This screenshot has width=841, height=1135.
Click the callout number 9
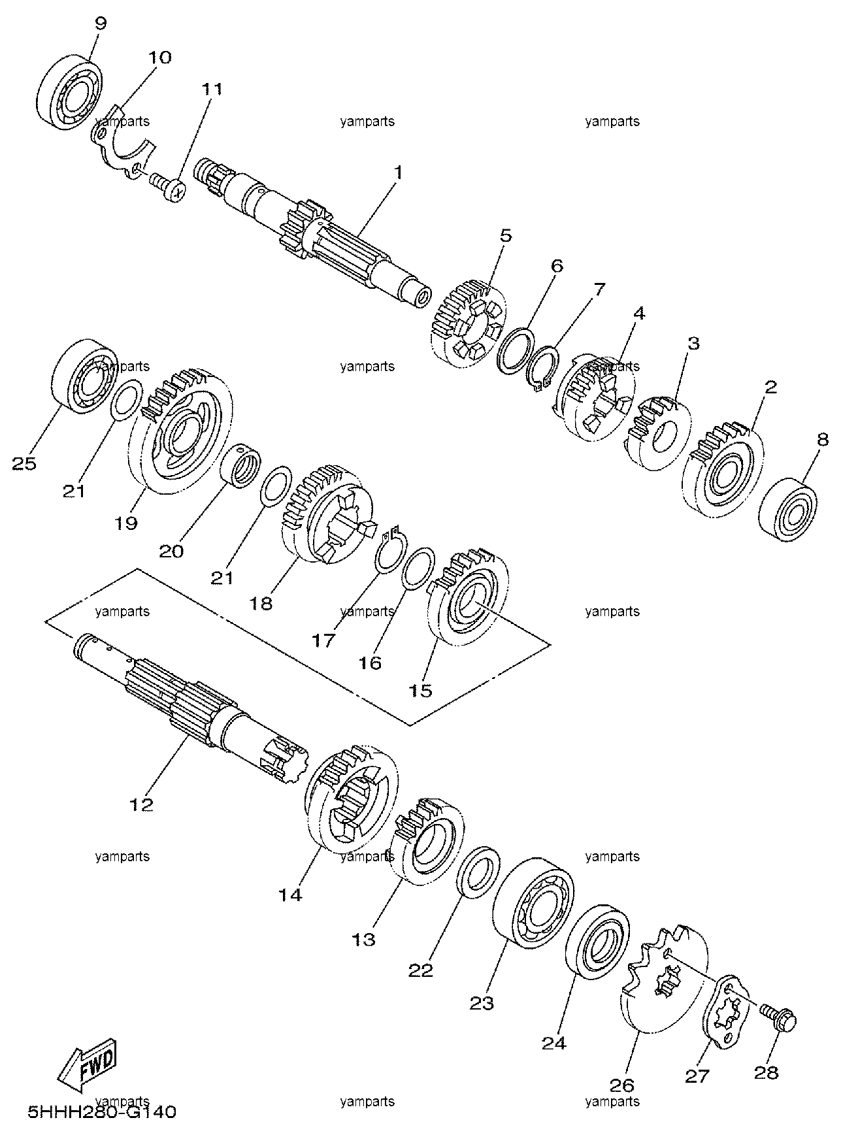point(100,24)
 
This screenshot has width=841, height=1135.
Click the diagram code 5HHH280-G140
point(102,1111)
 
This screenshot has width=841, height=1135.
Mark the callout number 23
point(482,1002)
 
